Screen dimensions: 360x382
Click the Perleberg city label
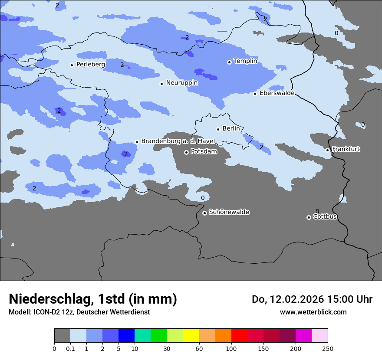[90, 65]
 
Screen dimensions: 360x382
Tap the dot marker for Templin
[229, 62]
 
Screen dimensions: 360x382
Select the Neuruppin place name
[181, 83]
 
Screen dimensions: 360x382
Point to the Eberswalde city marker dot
[255, 94]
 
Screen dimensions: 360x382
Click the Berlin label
[231, 129]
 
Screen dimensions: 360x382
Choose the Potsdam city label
[204, 152]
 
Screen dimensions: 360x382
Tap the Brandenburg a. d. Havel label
[178, 141]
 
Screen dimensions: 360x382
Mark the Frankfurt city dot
[328, 150]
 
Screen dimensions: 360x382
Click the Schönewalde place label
[229, 212]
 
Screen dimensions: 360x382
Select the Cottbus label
[325, 217]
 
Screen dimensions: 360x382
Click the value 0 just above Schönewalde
[203, 198]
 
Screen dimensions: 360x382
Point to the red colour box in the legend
[239, 336]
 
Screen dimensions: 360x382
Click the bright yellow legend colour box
[191, 336]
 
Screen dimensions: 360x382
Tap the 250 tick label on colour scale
[328, 348]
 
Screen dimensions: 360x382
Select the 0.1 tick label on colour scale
[70, 348]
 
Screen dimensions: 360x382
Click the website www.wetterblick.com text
[313, 312]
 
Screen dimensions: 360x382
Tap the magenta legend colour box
[303, 336]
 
